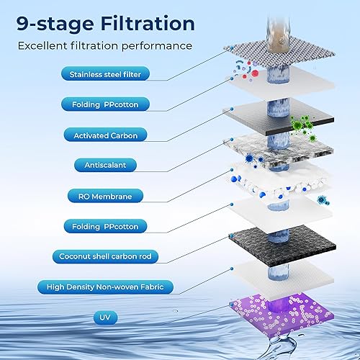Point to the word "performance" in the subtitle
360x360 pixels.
tap(156, 45)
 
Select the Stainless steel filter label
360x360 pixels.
tap(106, 74)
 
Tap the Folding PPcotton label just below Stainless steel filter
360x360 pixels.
tap(106, 104)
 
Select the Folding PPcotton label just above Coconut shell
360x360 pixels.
tap(106, 225)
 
